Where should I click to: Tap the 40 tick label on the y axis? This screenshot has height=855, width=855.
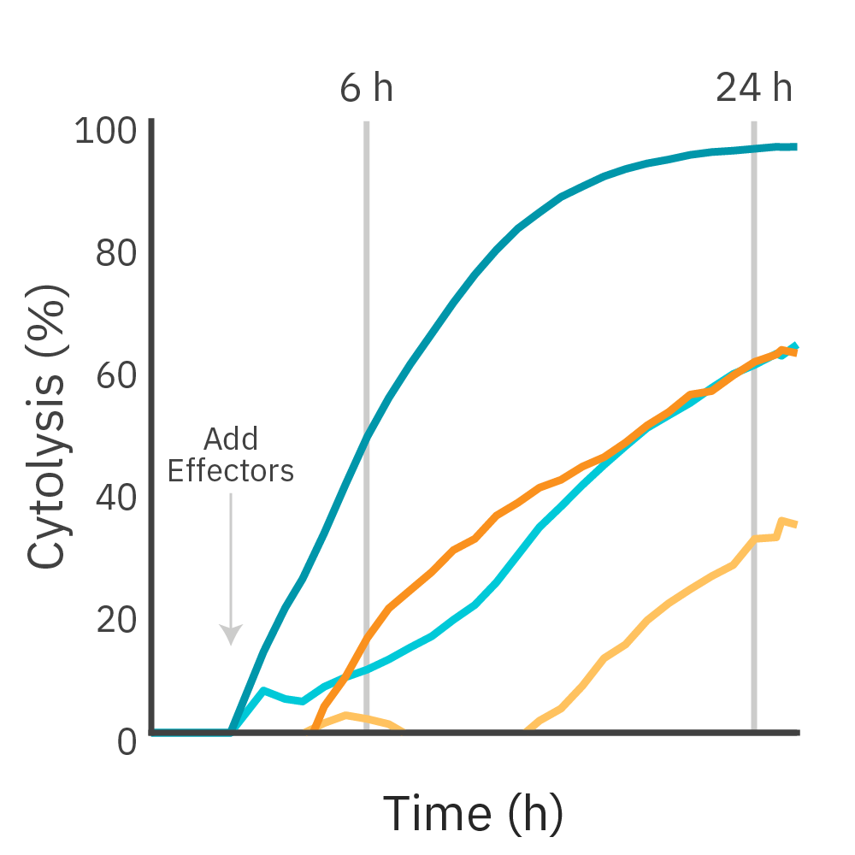[x=116, y=498]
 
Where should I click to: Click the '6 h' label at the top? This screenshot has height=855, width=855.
[x=367, y=88]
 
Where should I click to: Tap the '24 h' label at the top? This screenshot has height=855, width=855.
[x=753, y=88]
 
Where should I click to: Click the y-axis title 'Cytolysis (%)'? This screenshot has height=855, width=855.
[x=48, y=427]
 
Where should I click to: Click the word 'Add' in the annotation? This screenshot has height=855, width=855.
[x=231, y=439]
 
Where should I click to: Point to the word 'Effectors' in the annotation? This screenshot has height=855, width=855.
[x=231, y=471]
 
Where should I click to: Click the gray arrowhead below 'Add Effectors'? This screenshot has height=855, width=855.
[x=231, y=634]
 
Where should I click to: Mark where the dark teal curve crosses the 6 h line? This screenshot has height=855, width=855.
[x=367, y=437]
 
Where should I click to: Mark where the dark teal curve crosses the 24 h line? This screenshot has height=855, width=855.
[x=753, y=149]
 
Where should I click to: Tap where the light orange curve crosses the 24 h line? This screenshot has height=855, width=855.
[x=753, y=539]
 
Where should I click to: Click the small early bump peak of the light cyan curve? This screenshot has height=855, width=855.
[x=263, y=689]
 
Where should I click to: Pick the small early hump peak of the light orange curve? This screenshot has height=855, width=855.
[x=345, y=715]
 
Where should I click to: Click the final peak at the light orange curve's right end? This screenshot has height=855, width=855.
[x=781, y=520]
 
